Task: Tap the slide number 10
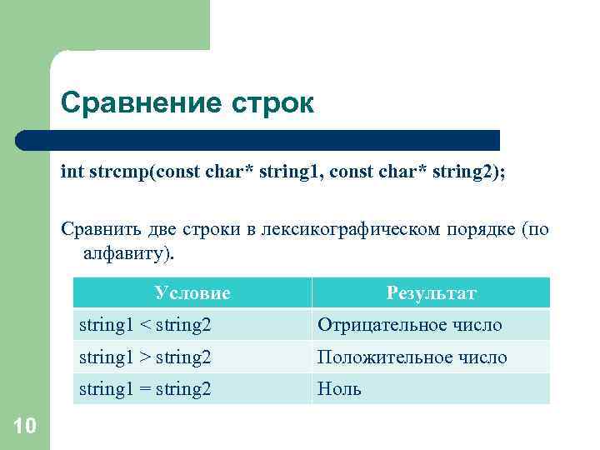25,427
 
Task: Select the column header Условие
192,293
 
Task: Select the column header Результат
431,293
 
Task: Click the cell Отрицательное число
408,325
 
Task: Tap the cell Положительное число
412,357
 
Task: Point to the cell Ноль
339,389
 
